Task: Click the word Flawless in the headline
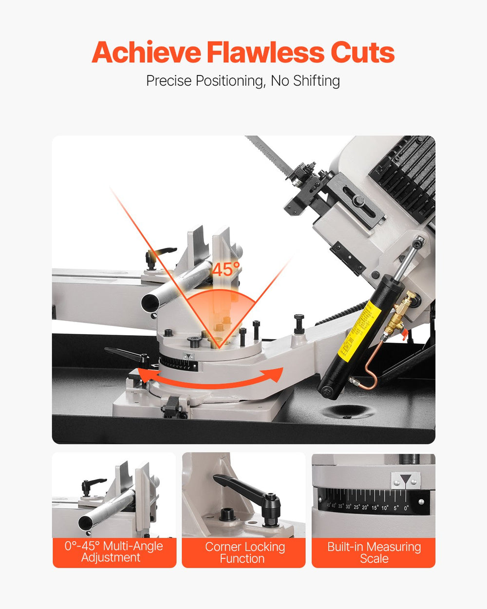[x=265, y=53]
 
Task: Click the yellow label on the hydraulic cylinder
[x=356, y=330]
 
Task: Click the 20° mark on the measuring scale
[x=365, y=507]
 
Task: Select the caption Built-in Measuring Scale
[x=374, y=552]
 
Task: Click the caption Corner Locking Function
[x=244, y=552]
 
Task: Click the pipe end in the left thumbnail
[x=86, y=522]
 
